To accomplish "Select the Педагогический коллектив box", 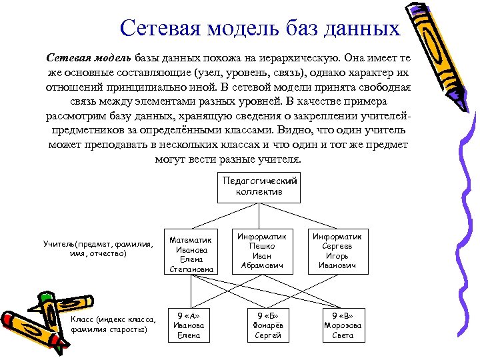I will coord(259,186).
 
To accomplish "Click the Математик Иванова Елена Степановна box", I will coord(191,254).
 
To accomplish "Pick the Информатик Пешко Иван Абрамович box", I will coord(262,251).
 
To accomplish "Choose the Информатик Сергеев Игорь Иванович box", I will coord(337,251).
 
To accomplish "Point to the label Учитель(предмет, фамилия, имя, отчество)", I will coord(97,249).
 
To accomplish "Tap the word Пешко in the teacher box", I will coord(262,246).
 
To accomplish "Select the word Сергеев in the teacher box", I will coord(337,246).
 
